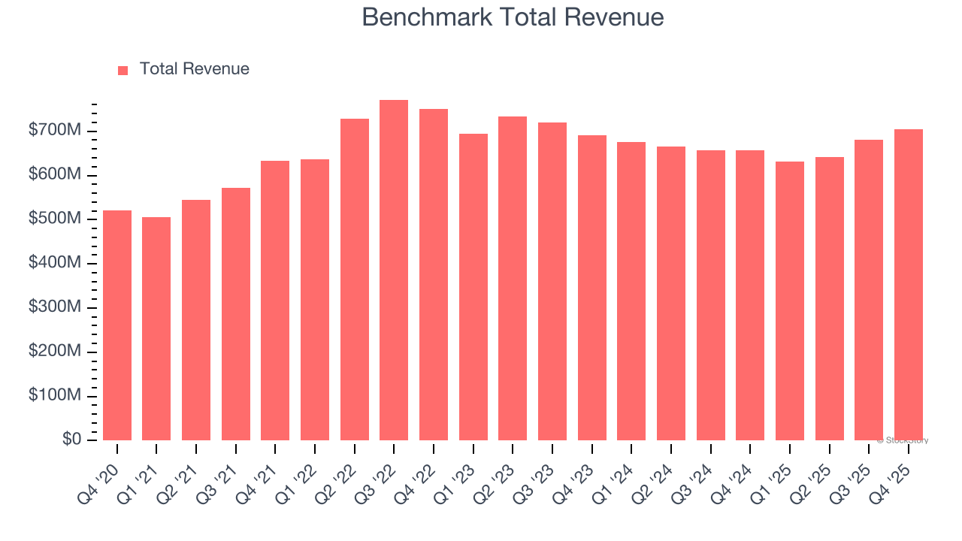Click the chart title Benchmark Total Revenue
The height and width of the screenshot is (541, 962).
click(513, 17)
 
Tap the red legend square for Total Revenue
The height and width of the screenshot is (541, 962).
click(123, 70)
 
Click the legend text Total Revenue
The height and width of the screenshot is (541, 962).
click(194, 69)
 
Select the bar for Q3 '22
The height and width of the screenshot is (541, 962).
click(394, 270)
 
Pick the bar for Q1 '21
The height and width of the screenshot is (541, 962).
click(156, 328)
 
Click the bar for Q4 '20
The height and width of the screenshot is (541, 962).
click(117, 325)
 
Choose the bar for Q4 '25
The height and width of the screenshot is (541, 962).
click(908, 285)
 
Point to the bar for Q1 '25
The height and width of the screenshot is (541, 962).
click(789, 301)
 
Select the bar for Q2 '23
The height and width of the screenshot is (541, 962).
click(513, 278)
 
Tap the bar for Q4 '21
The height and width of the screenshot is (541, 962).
click(275, 301)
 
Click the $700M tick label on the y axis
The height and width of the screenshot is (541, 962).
click(55, 131)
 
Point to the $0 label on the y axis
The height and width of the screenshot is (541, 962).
click(71, 440)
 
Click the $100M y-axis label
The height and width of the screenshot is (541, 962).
click(55, 395)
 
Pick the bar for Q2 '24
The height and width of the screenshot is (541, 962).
click(670, 293)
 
